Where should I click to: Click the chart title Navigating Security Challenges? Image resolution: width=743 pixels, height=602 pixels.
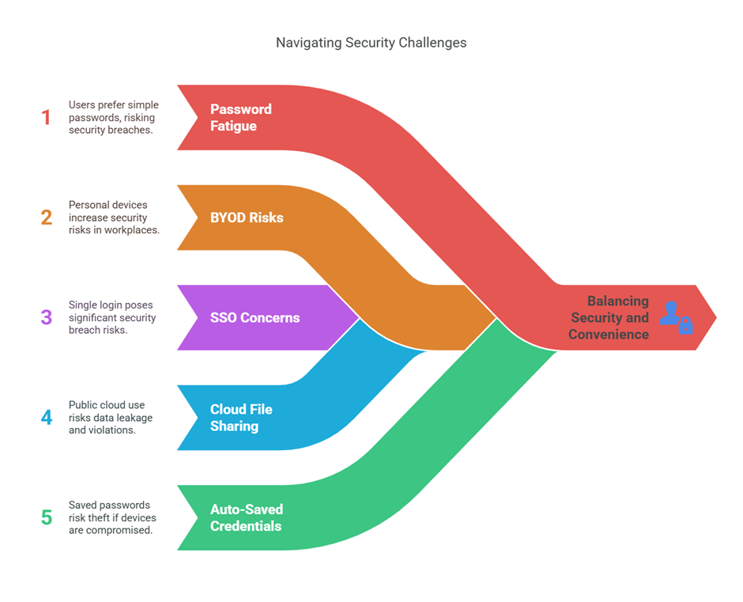(371, 43)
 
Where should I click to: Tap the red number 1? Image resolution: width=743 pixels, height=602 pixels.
(46, 118)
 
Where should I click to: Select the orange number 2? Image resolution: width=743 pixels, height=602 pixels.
(46, 218)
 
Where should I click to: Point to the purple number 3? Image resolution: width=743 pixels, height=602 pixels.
(46, 318)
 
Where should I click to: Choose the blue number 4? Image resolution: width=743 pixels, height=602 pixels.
(46, 418)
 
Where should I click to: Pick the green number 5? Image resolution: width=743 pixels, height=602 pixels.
(46, 517)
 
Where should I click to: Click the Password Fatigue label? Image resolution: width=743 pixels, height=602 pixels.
(240, 117)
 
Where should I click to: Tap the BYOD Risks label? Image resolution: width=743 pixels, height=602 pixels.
(246, 218)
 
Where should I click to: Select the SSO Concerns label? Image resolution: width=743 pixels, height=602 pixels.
(255, 318)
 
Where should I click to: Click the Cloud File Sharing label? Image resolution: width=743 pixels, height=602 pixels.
(241, 418)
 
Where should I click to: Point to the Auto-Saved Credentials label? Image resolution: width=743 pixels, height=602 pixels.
(246, 517)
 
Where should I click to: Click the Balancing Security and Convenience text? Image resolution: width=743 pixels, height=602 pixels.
(609, 318)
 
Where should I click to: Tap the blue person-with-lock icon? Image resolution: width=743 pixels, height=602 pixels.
(676, 317)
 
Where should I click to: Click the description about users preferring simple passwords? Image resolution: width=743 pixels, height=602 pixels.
(113, 117)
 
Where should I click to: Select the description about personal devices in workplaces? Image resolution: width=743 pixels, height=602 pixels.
(113, 218)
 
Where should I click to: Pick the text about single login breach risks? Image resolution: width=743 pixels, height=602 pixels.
(112, 317)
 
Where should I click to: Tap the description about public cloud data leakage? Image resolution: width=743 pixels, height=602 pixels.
(111, 418)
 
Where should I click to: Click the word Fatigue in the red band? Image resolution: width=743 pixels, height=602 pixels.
(233, 126)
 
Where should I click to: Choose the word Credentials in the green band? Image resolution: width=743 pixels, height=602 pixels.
(246, 526)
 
